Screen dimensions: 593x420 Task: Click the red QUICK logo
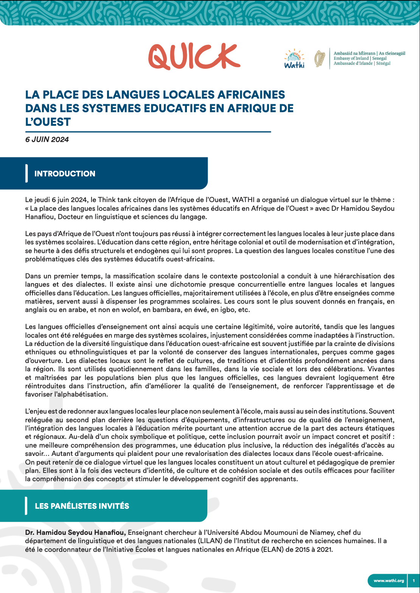point(194,57)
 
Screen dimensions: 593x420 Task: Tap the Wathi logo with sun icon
point(294,59)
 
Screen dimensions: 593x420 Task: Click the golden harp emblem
point(320,59)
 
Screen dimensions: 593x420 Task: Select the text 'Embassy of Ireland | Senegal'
point(360,59)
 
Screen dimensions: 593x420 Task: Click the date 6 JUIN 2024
point(47,139)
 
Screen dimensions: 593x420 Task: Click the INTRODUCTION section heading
point(65,174)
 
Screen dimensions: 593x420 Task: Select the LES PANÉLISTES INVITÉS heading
point(82,506)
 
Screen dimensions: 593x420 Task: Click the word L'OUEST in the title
point(48,122)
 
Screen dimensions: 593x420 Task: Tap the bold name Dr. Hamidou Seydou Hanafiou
point(75,533)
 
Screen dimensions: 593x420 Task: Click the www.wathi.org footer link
point(389,581)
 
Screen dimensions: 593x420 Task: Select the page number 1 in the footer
point(414,581)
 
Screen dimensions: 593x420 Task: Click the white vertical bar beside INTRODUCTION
point(26,173)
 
